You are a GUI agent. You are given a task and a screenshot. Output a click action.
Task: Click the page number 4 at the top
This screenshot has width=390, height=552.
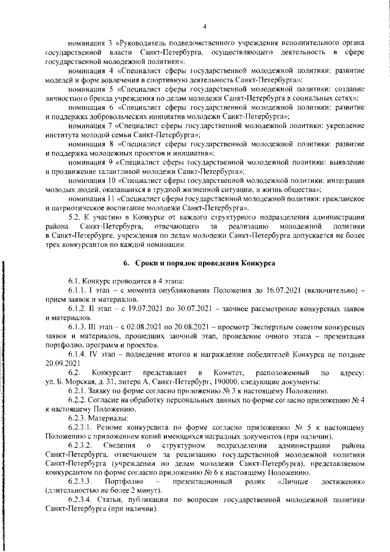click(x=205, y=26)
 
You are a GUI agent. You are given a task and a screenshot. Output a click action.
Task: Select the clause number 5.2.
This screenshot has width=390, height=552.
click(x=76, y=217)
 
